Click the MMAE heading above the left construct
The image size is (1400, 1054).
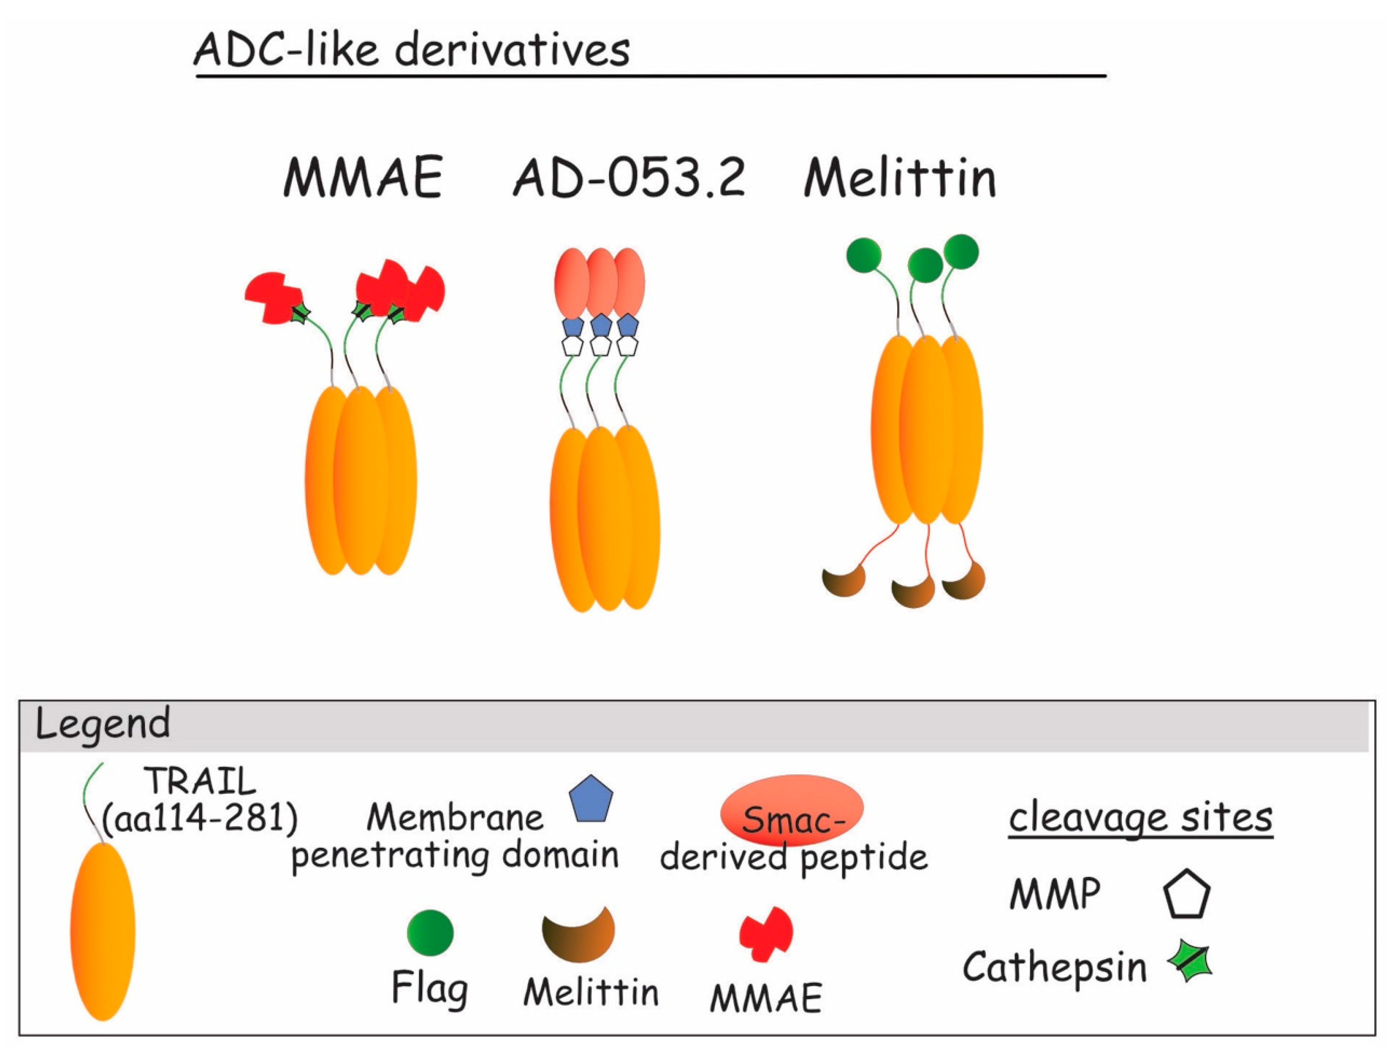click(363, 178)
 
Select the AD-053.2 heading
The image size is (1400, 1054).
click(628, 178)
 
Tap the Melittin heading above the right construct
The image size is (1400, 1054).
click(899, 178)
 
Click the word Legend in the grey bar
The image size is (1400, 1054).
click(103, 724)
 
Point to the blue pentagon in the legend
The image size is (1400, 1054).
click(591, 800)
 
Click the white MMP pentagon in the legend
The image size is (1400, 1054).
click(1187, 895)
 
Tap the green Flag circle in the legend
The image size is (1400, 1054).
click(430, 932)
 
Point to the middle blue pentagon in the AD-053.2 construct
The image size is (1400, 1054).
click(601, 326)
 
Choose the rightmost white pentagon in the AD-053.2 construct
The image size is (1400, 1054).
click(627, 346)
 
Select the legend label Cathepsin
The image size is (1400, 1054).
click(1054, 967)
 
